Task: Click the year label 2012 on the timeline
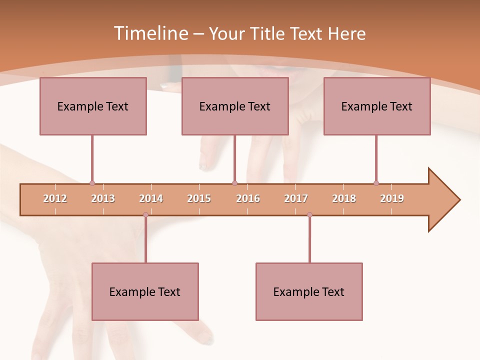55,198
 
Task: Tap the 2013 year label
103,198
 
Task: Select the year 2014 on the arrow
151,198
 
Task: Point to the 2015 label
199,198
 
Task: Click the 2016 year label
248,198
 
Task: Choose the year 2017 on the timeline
296,198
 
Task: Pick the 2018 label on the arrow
344,198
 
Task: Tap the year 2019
392,198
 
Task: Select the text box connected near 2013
93,106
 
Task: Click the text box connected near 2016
235,106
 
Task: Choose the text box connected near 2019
377,106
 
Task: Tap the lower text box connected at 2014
145,291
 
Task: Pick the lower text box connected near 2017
309,291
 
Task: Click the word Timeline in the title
150,33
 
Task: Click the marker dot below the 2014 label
145,215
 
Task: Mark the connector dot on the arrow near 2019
376,183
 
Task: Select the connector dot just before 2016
234,183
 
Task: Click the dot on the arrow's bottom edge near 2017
309,215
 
